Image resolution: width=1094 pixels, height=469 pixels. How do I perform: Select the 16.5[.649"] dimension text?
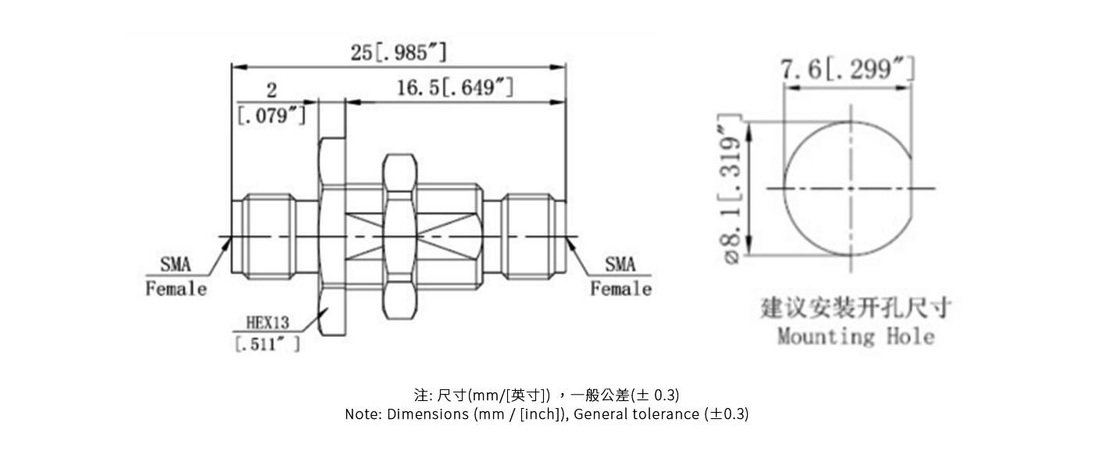[455, 88]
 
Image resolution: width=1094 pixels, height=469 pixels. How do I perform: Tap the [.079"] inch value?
[272, 116]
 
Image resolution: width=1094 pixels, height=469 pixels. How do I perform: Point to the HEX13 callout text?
[267, 322]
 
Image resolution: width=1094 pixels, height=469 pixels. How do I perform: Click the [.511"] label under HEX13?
[267, 344]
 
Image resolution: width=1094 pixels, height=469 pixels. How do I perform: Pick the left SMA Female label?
[176, 277]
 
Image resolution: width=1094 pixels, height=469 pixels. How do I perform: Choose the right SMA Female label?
[620, 277]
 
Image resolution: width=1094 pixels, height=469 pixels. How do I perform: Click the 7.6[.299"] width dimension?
[847, 69]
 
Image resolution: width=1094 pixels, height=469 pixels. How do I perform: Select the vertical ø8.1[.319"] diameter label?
[732, 189]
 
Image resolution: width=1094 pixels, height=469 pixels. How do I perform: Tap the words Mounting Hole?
[856, 337]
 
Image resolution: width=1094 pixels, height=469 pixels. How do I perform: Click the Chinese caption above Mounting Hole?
[856, 308]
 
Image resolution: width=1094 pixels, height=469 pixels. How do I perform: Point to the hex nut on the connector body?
[399, 237]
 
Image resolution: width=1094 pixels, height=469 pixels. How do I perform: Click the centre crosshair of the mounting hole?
[851, 188]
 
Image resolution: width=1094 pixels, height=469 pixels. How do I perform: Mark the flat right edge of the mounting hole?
[912, 188]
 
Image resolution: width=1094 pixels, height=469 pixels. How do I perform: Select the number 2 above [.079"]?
[272, 90]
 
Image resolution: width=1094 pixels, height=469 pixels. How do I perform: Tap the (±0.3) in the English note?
[727, 414]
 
